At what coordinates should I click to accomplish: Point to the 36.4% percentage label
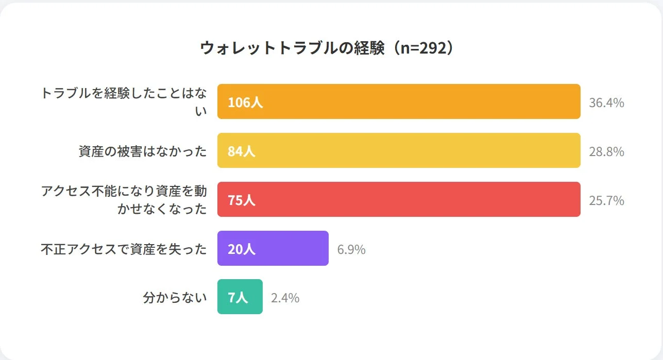606,102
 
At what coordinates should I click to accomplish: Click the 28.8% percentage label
606,151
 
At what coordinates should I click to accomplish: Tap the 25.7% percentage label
606,200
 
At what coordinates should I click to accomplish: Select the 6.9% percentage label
351,249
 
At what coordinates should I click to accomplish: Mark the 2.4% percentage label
285,298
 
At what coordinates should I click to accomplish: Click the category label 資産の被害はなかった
143,151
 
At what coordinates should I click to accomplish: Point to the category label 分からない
175,298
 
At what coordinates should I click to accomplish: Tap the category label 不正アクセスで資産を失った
124,249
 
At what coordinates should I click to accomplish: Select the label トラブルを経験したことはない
124,101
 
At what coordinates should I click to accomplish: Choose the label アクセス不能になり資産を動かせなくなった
124,200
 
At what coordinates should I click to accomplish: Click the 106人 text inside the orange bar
245,102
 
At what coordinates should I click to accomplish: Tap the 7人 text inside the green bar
238,298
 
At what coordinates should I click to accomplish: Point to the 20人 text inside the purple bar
242,249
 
